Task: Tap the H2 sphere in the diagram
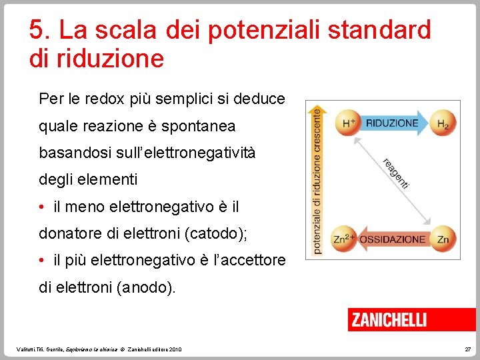(x=443, y=124)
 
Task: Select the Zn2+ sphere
(x=344, y=239)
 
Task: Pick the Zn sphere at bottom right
(x=443, y=239)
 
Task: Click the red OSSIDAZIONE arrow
(x=393, y=239)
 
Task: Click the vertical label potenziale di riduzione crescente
(x=317, y=180)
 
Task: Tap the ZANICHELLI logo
(x=389, y=320)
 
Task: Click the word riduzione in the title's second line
(x=111, y=59)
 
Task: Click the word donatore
(x=69, y=233)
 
